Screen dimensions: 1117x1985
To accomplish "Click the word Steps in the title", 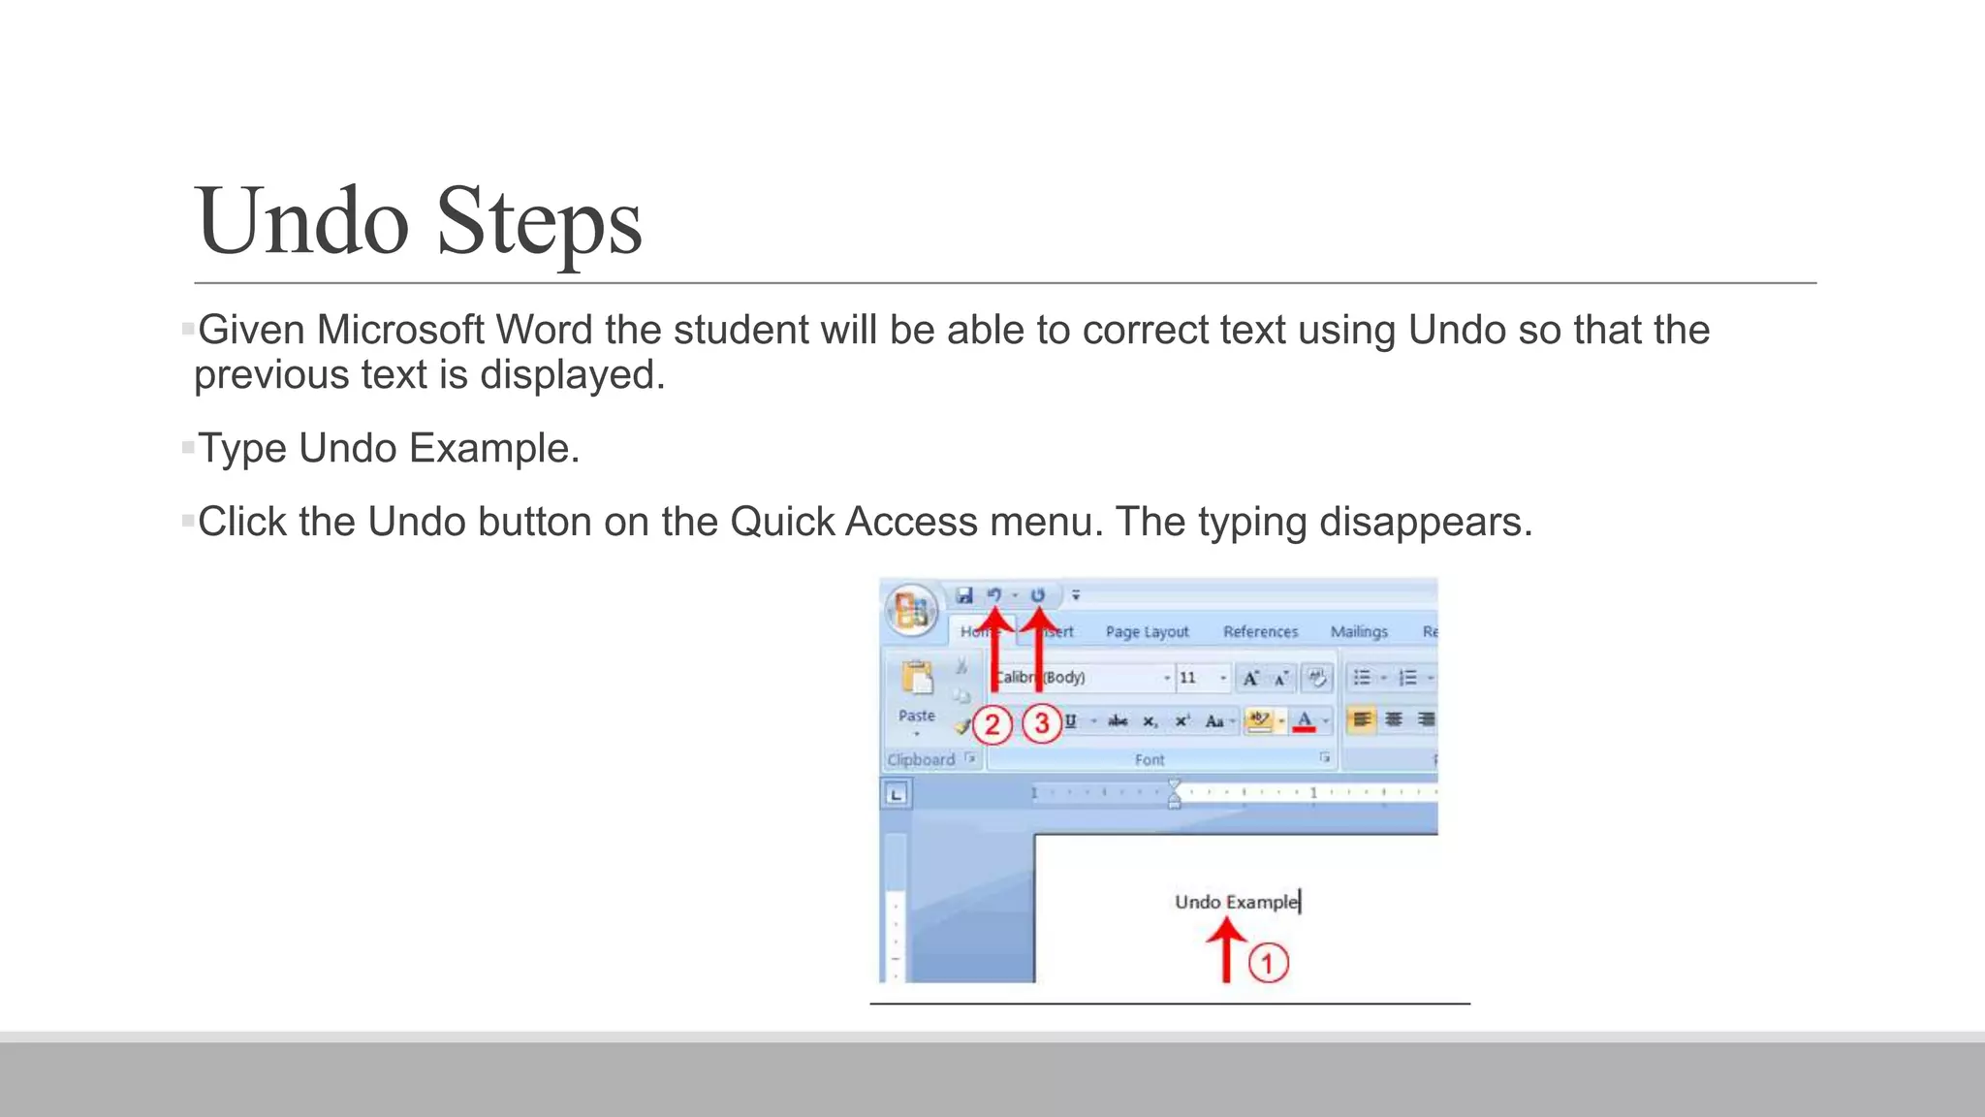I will click(539, 221).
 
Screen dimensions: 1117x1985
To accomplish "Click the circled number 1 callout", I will click(1268, 963).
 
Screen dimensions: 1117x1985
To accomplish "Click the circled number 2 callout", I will click(992, 724).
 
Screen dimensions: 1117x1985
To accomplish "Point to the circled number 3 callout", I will click(1042, 723).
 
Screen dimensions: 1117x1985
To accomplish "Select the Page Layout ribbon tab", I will click(1147, 632).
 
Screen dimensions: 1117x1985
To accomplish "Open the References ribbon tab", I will click(1260, 632).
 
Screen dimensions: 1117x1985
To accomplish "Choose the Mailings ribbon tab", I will click(1358, 632).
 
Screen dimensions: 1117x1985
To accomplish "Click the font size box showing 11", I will click(1189, 678).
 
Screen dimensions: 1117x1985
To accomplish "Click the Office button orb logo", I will click(911, 612).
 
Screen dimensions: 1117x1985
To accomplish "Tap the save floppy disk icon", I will click(964, 595).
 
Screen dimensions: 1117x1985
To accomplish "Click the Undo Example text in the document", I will click(1236, 902).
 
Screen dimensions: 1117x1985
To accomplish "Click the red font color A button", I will click(1305, 720).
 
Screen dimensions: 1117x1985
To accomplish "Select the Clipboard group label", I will click(921, 759).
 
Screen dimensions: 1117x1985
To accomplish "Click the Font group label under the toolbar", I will click(1150, 759).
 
